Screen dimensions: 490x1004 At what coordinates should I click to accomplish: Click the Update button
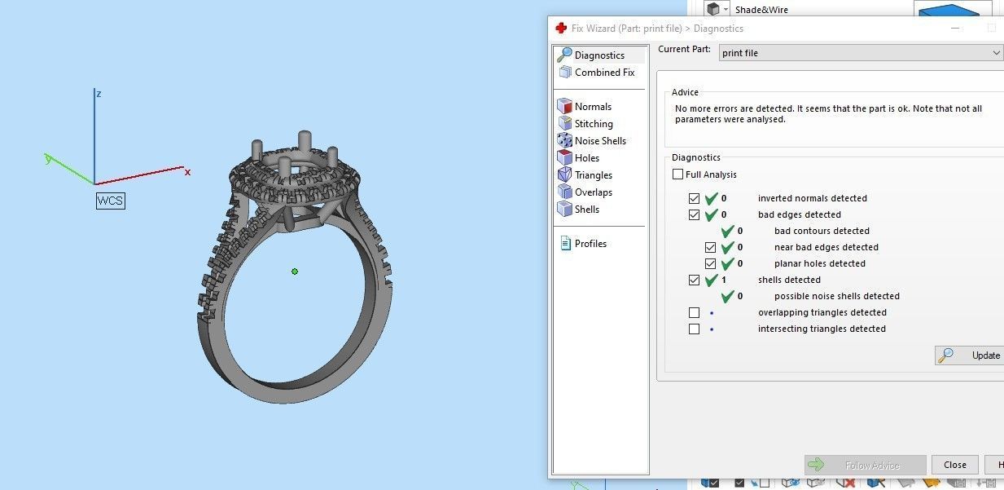point(970,355)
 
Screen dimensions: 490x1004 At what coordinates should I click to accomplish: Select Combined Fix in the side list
point(603,73)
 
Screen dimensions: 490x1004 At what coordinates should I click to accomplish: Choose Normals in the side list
point(592,107)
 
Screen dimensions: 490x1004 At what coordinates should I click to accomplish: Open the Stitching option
point(593,124)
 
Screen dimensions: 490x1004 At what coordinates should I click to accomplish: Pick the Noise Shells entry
point(599,141)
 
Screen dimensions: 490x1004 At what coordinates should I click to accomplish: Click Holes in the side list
point(586,158)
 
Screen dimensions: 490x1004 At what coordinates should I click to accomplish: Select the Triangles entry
point(593,175)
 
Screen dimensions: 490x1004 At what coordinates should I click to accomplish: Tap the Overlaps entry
point(593,192)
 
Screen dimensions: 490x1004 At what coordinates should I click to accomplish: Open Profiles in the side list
point(590,244)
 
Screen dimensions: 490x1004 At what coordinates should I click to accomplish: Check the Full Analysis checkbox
point(677,174)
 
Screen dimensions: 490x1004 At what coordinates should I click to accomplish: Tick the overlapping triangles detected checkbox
point(694,313)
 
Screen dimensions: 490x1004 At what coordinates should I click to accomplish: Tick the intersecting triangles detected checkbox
point(694,329)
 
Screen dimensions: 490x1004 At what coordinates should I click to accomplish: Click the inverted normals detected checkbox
point(694,198)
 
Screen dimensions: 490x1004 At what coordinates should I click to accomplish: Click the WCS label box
point(111,201)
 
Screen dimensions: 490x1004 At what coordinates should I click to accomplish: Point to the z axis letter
point(99,94)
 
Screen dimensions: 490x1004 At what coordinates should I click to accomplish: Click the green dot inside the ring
point(295,271)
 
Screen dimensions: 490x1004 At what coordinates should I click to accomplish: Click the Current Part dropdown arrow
point(997,53)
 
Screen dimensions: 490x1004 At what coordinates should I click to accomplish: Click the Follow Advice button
point(865,466)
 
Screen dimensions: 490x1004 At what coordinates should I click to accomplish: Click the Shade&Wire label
point(761,10)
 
